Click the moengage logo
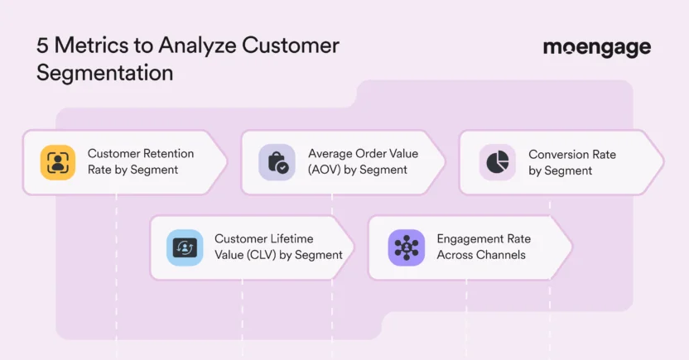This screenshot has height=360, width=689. pyautogui.click(x=596, y=48)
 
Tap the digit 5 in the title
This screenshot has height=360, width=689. pyautogui.click(x=42, y=46)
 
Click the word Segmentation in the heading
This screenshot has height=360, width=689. pyautogui.click(x=104, y=72)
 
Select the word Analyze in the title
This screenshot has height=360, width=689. pyautogui.click(x=194, y=46)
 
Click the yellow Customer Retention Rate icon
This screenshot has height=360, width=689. pyautogui.click(x=58, y=162)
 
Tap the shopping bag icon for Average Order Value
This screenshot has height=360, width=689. pyautogui.click(x=277, y=162)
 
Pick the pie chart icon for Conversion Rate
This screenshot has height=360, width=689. pyautogui.click(x=497, y=162)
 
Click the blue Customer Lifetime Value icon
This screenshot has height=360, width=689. pyautogui.click(x=184, y=247)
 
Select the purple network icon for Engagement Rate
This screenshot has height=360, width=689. pyautogui.click(x=406, y=247)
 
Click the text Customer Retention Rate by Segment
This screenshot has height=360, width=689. pyautogui.click(x=141, y=162)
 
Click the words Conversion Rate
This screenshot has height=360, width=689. pyautogui.click(x=572, y=155)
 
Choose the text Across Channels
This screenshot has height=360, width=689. pyautogui.click(x=481, y=255)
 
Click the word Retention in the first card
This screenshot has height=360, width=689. pyautogui.click(x=167, y=154)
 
